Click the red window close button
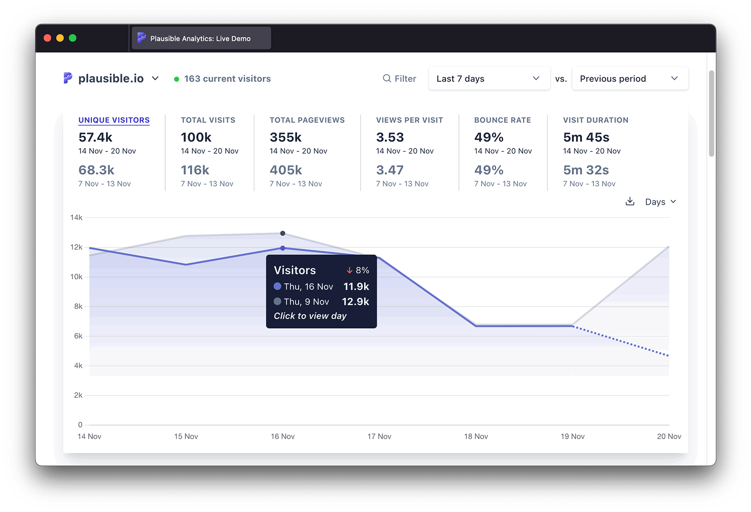[x=47, y=38]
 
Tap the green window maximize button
[x=73, y=38]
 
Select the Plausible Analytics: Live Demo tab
[x=200, y=38]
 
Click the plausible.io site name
[x=111, y=78]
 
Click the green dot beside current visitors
[x=176, y=79]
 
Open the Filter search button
[x=399, y=78]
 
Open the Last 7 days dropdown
[x=489, y=78]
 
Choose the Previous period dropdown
[x=629, y=78]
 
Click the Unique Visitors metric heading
[x=114, y=120]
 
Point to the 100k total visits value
[x=196, y=137]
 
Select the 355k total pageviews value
[x=285, y=137]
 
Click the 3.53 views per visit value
[x=390, y=137]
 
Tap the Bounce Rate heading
[x=503, y=120]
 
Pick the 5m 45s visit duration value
[x=586, y=137]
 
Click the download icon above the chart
[x=630, y=201]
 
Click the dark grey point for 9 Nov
[x=283, y=233]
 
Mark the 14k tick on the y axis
[x=76, y=217]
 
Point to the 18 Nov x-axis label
[x=476, y=436]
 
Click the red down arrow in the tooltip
[x=349, y=270]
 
